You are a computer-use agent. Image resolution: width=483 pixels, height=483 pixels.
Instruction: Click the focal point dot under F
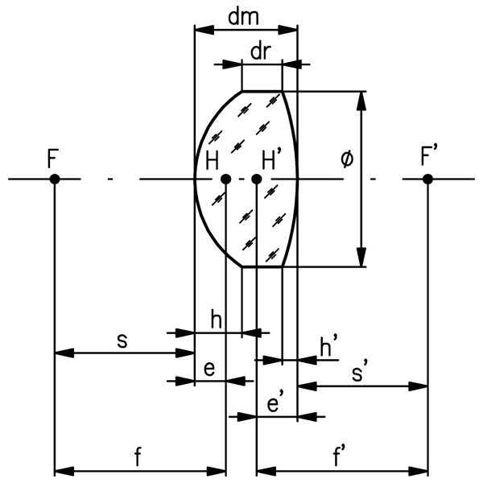tap(54, 178)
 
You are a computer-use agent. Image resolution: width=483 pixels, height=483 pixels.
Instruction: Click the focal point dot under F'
tap(428, 178)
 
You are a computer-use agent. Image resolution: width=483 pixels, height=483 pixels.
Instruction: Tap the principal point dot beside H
tap(226, 178)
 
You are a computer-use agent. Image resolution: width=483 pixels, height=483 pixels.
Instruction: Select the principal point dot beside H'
tap(256, 178)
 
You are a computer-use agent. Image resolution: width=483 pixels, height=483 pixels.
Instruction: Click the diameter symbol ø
tap(346, 159)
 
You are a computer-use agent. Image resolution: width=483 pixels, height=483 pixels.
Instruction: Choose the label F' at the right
tap(431, 155)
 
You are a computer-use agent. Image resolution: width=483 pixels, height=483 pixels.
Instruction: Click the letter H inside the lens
tap(212, 159)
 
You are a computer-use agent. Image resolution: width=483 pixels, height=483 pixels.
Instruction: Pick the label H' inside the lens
tap(272, 159)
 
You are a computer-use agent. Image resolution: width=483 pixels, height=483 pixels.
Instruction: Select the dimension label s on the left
tap(122, 340)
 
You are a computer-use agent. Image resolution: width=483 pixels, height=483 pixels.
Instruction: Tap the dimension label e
tap(208, 369)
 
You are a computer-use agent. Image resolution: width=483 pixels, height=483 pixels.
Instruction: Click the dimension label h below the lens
tap(215, 319)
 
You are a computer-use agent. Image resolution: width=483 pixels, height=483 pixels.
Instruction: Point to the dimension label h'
tap(327, 347)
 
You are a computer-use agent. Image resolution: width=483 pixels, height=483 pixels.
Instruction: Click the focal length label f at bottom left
tap(138, 457)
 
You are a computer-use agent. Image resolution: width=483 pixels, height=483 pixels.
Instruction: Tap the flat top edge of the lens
tap(262, 90)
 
